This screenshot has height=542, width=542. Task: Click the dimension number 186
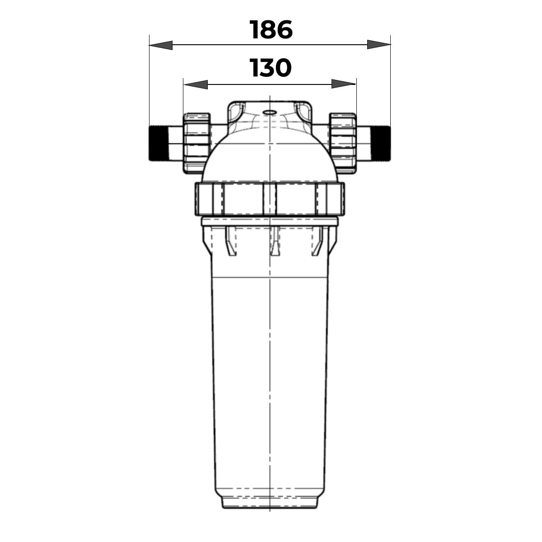coord(271,29)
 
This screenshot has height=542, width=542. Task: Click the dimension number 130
coord(270,68)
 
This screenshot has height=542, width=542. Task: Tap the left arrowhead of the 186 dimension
coord(161,45)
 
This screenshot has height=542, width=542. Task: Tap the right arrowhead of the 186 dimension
coord(379,44)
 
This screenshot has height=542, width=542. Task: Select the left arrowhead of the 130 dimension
coord(196,84)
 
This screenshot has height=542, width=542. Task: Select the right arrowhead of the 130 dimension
coord(344,84)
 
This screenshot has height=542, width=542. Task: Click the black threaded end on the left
coord(158,144)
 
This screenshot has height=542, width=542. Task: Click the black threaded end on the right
coord(381,144)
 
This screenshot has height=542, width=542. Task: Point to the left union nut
coord(196,143)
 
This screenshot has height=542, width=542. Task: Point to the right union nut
coord(343,143)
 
